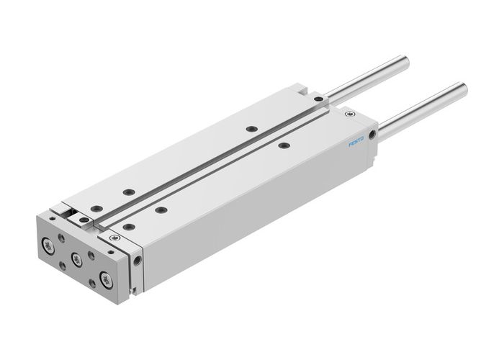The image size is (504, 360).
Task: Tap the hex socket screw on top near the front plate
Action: (x=112, y=238)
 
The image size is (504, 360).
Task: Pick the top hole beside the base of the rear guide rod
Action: (x=318, y=99)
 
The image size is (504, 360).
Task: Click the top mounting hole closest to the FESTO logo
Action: (x=284, y=145)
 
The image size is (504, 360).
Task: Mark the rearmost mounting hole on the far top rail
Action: (x=251, y=129)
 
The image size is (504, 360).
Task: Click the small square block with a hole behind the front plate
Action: (x=84, y=220)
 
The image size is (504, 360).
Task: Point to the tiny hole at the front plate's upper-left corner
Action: (x=51, y=217)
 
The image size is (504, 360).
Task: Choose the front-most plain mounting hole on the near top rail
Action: (x=128, y=226)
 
